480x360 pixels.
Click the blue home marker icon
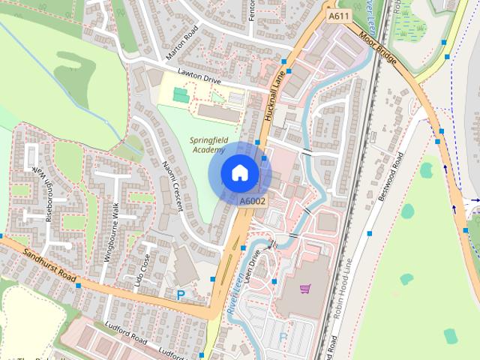pos(239,172)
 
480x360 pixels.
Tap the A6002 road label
pos(252,201)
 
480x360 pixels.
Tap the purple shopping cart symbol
pos(305,289)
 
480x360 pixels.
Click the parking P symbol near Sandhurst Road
pos(180,295)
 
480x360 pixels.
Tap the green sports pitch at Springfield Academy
pos(180,96)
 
